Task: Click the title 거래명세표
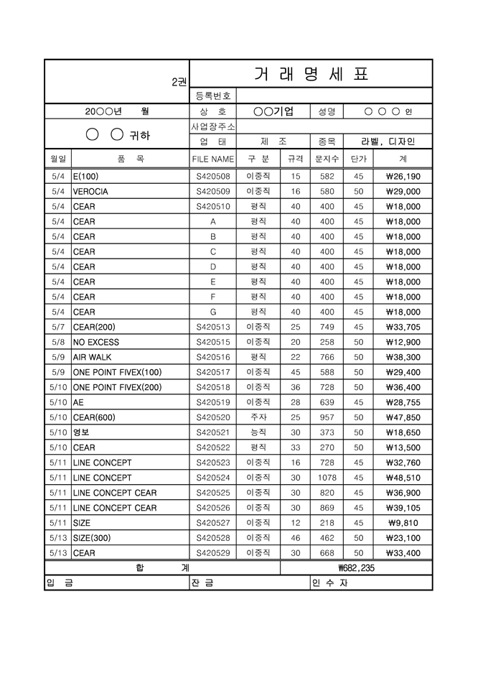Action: (x=311, y=74)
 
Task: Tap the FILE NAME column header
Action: (x=212, y=159)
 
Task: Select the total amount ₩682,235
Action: (x=356, y=568)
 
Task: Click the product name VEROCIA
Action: (x=90, y=192)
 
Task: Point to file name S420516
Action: (x=212, y=357)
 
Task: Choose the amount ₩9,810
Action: (x=403, y=523)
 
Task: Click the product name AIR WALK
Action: (x=93, y=357)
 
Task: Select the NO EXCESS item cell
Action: (x=96, y=342)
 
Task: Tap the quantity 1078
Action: (x=327, y=478)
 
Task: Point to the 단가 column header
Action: (x=358, y=159)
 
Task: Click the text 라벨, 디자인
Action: (x=388, y=142)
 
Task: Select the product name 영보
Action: (x=82, y=432)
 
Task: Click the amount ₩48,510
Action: (x=403, y=478)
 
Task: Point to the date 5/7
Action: (x=58, y=327)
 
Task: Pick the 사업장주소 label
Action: (x=212, y=126)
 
